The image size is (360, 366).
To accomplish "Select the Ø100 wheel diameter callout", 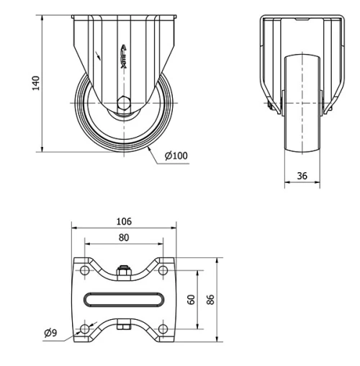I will coord(176,156).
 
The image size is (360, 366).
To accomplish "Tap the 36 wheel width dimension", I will coord(302,174).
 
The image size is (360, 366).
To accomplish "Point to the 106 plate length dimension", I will coord(124,222).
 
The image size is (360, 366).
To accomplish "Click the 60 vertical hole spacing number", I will coord(192,299).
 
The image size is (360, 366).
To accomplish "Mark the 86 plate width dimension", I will coord(210,299).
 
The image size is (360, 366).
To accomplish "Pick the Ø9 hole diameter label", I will coord(50,332).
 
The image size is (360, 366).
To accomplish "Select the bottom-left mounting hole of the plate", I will coord(86,329).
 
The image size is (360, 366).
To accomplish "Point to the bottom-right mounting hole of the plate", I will coord(163,329).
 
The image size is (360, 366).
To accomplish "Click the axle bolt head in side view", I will coord(124,103).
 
